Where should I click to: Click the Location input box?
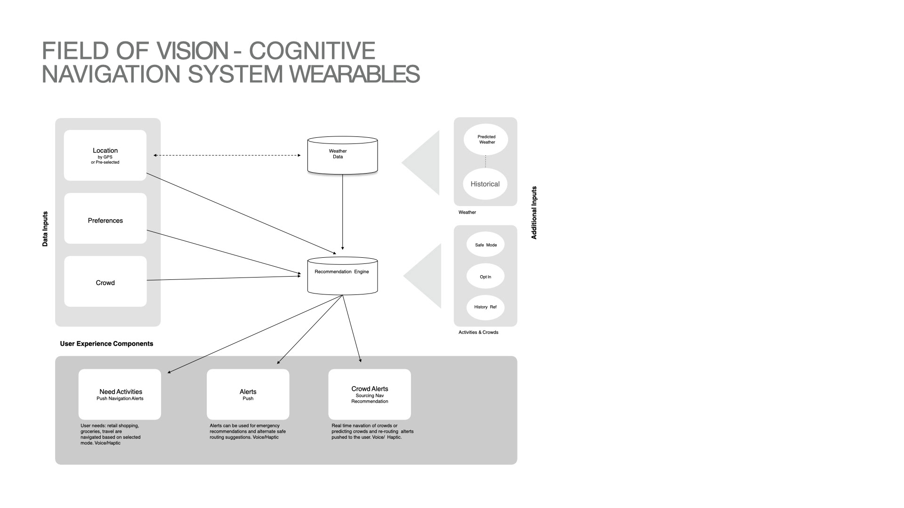click(x=105, y=155)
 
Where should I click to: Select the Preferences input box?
click(x=105, y=218)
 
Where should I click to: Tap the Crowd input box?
click(x=105, y=281)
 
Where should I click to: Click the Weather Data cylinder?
click(x=342, y=155)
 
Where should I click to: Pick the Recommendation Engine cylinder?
click(x=342, y=276)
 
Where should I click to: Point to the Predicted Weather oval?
click(x=486, y=139)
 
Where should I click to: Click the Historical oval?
click(x=485, y=184)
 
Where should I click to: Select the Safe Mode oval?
click(x=485, y=245)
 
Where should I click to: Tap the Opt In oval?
click(x=485, y=277)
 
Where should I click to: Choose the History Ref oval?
click(x=485, y=307)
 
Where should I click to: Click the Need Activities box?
click(x=120, y=394)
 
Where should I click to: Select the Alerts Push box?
click(x=248, y=394)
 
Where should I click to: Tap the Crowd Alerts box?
click(x=370, y=394)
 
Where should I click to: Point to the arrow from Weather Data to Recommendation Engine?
click(x=342, y=212)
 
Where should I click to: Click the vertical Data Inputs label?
click(x=45, y=229)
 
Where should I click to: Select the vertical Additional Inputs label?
click(x=534, y=213)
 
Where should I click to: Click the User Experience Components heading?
click(x=106, y=344)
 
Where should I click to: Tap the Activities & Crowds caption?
click(x=478, y=332)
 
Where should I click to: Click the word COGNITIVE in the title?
click(x=312, y=51)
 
